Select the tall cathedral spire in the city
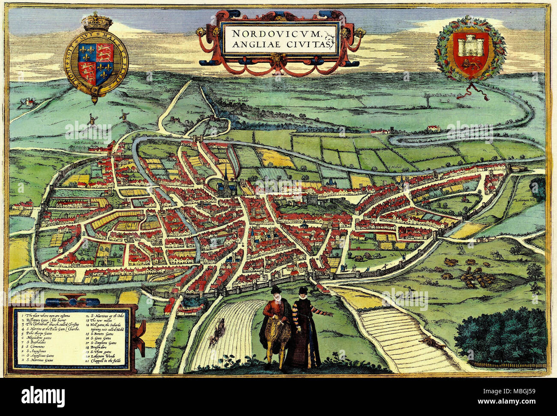pos(225,174)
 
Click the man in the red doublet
pos(276,328)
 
